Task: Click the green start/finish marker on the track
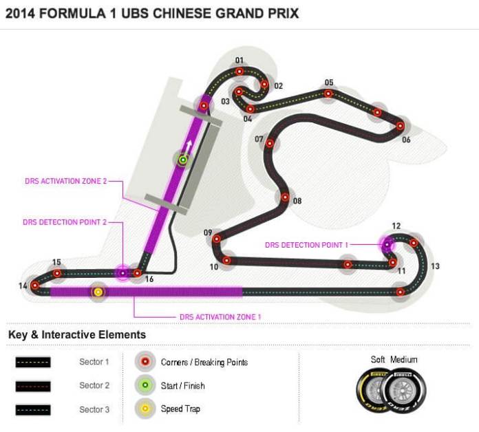[x=183, y=160]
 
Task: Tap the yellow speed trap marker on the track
[x=98, y=292]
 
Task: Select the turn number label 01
[x=239, y=61]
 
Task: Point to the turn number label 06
[x=406, y=140]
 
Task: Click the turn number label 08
[x=297, y=202]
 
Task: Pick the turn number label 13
[x=435, y=266]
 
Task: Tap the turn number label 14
[x=23, y=285]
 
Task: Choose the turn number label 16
[x=149, y=280]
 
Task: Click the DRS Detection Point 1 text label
[x=307, y=245]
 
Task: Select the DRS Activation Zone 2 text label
[x=65, y=182]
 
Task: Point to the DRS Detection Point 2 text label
[x=65, y=222]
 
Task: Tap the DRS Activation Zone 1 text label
[x=220, y=316]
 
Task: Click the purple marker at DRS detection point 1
[x=387, y=244]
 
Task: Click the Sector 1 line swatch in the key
[x=33, y=362]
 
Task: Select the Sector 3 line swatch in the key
[x=33, y=409]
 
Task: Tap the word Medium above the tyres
[x=403, y=360]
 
